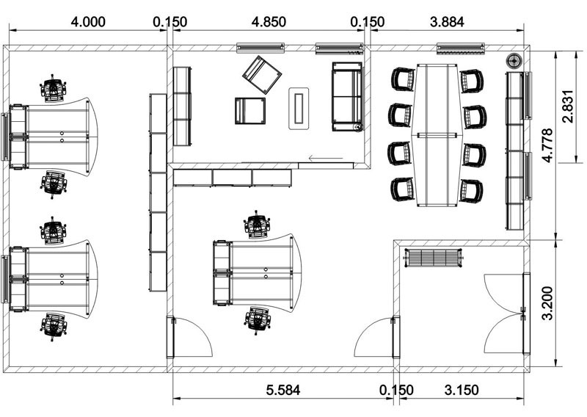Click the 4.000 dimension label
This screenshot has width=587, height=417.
88,22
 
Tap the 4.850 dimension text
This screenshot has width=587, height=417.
269,22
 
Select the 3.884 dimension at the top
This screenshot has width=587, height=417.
447,22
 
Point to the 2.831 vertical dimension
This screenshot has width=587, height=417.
567,106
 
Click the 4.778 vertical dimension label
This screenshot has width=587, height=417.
547,145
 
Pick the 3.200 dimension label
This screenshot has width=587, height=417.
547,302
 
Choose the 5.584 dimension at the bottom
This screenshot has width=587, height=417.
283,390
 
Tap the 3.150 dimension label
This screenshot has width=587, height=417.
462,390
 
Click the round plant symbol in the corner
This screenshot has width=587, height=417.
514,60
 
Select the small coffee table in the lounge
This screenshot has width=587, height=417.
299,108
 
